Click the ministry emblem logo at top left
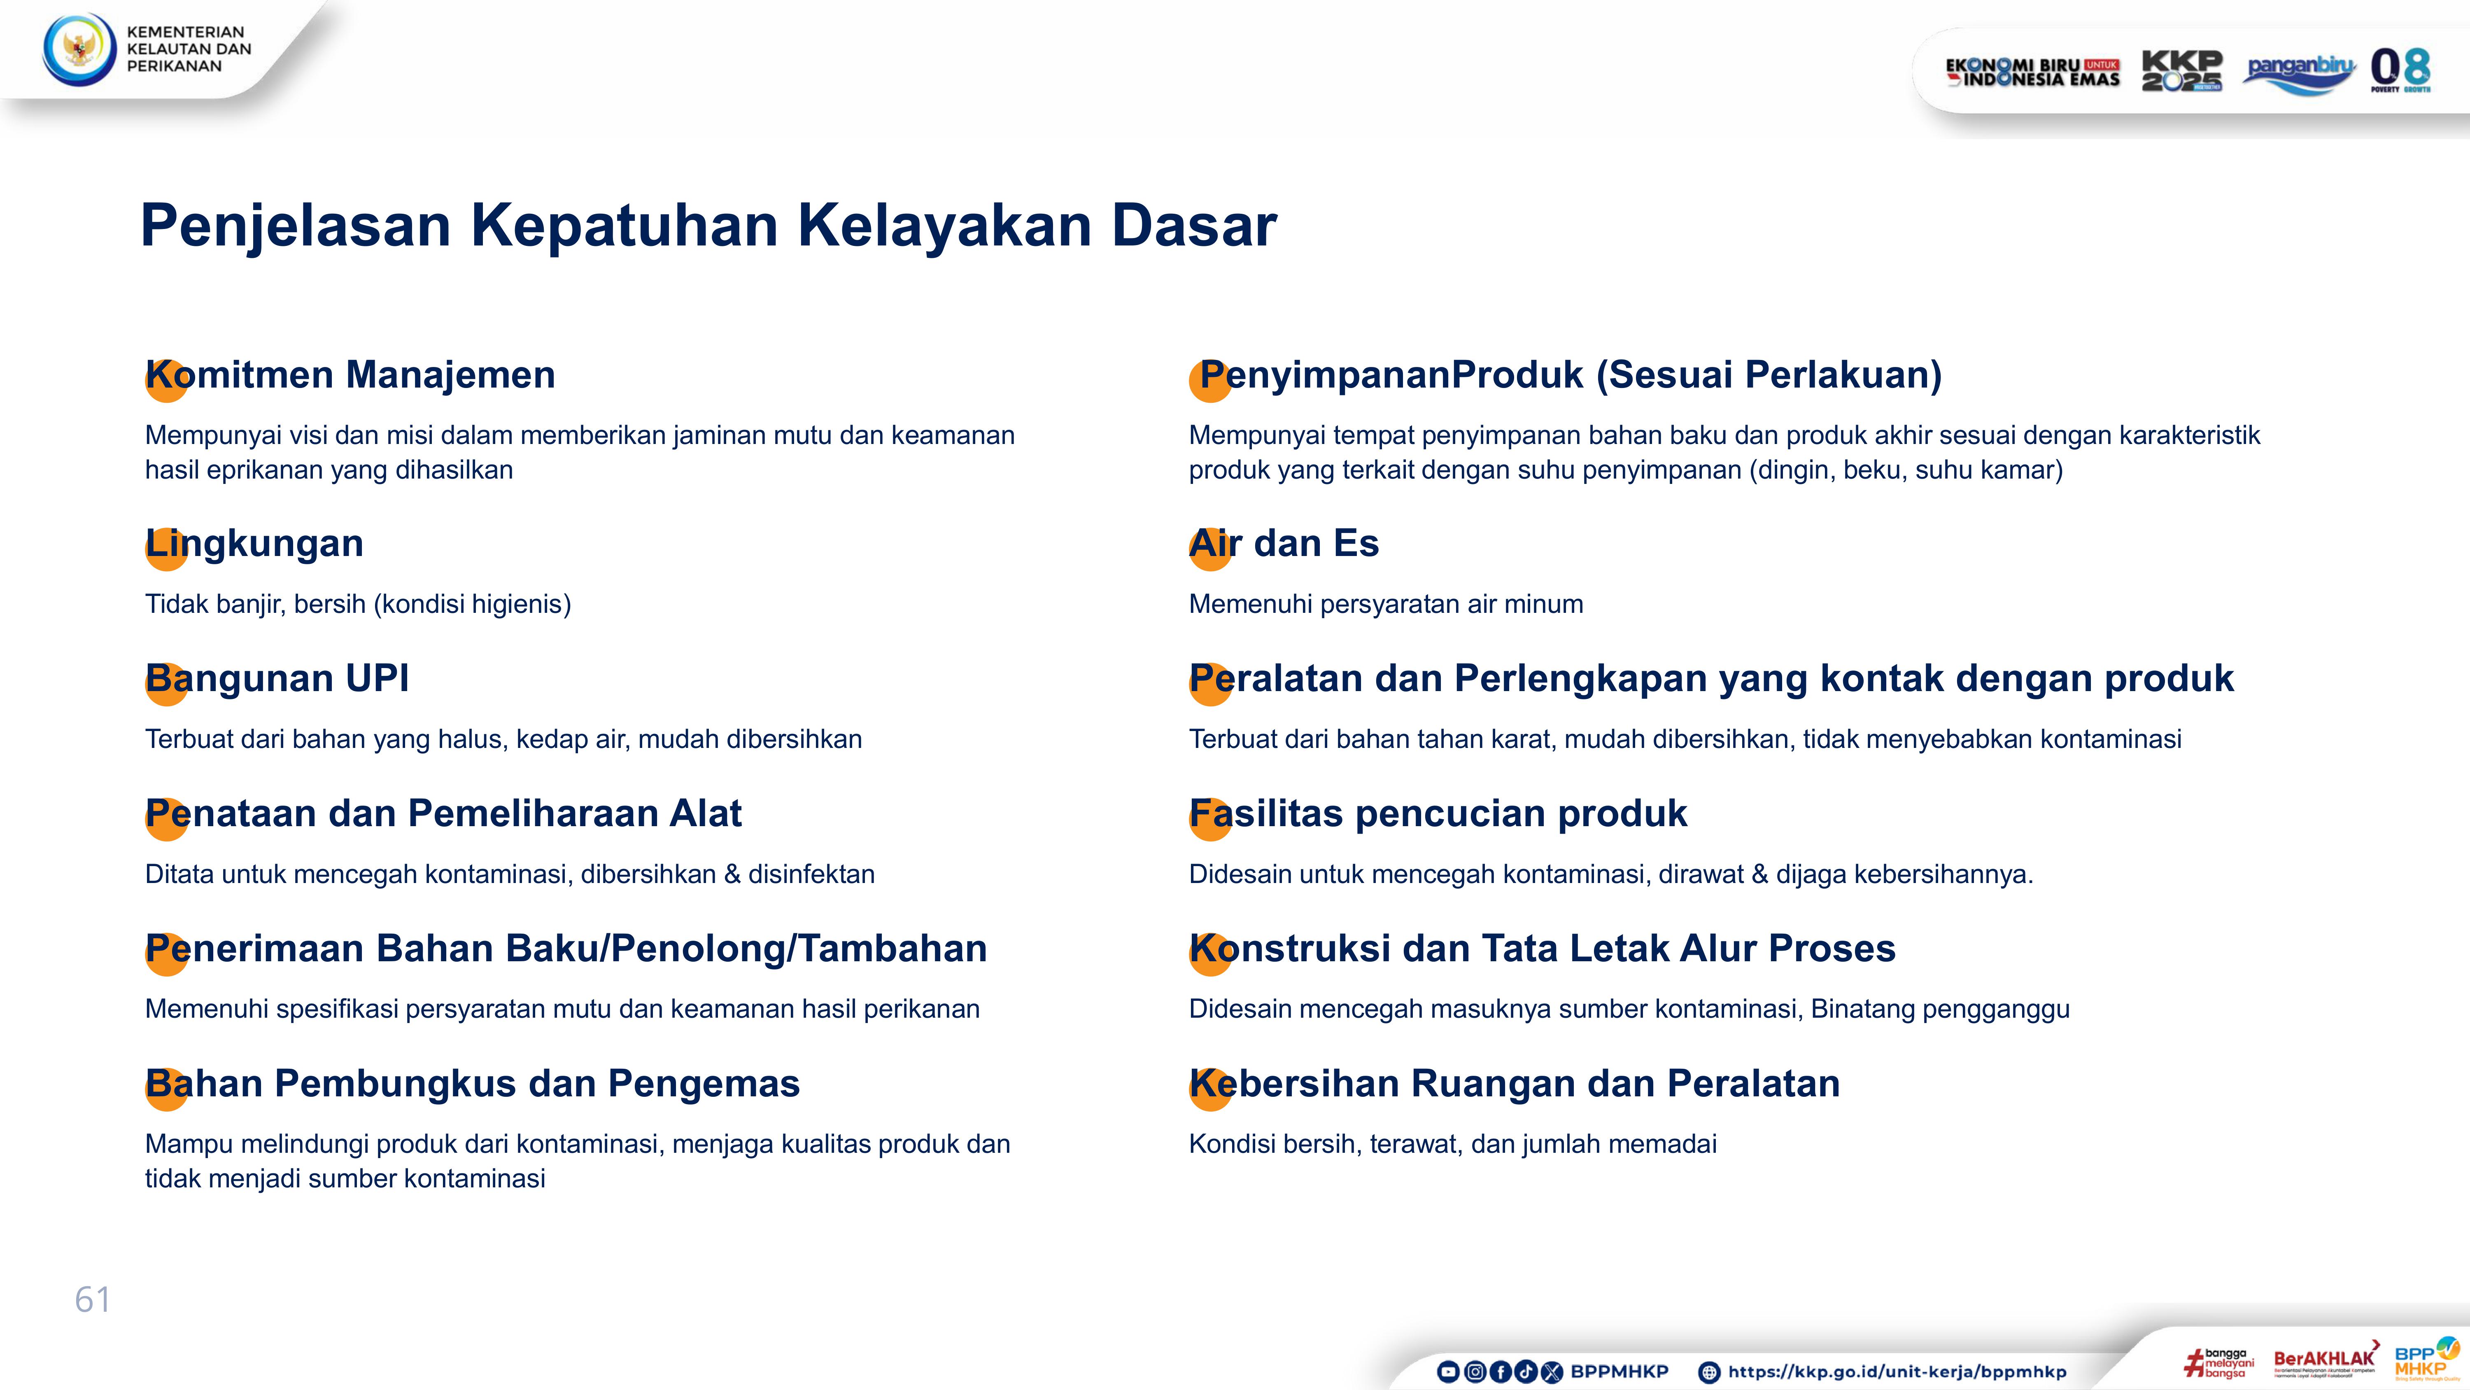click(79, 49)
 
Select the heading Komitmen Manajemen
click(350, 375)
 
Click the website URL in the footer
click(1897, 1372)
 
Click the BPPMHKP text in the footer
click(1619, 1372)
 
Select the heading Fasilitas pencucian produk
click(1438, 813)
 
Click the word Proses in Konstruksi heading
click(1832, 949)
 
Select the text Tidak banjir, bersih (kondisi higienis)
click(358, 604)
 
